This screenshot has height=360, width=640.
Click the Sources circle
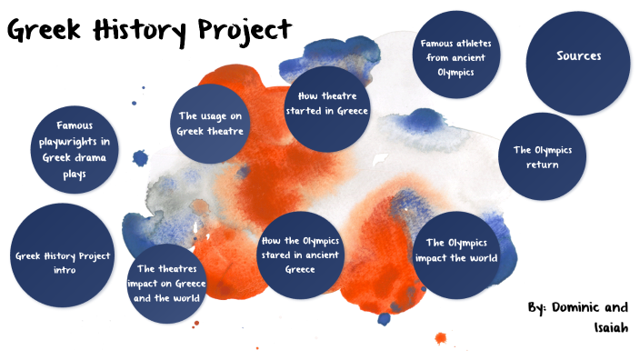[x=578, y=56]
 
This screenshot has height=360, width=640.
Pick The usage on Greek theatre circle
[x=211, y=124]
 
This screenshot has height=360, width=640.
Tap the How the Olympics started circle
[x=299, y=255]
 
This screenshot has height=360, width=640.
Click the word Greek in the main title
[x=46, y=31]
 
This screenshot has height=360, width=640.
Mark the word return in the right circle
[x=542, y=165]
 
